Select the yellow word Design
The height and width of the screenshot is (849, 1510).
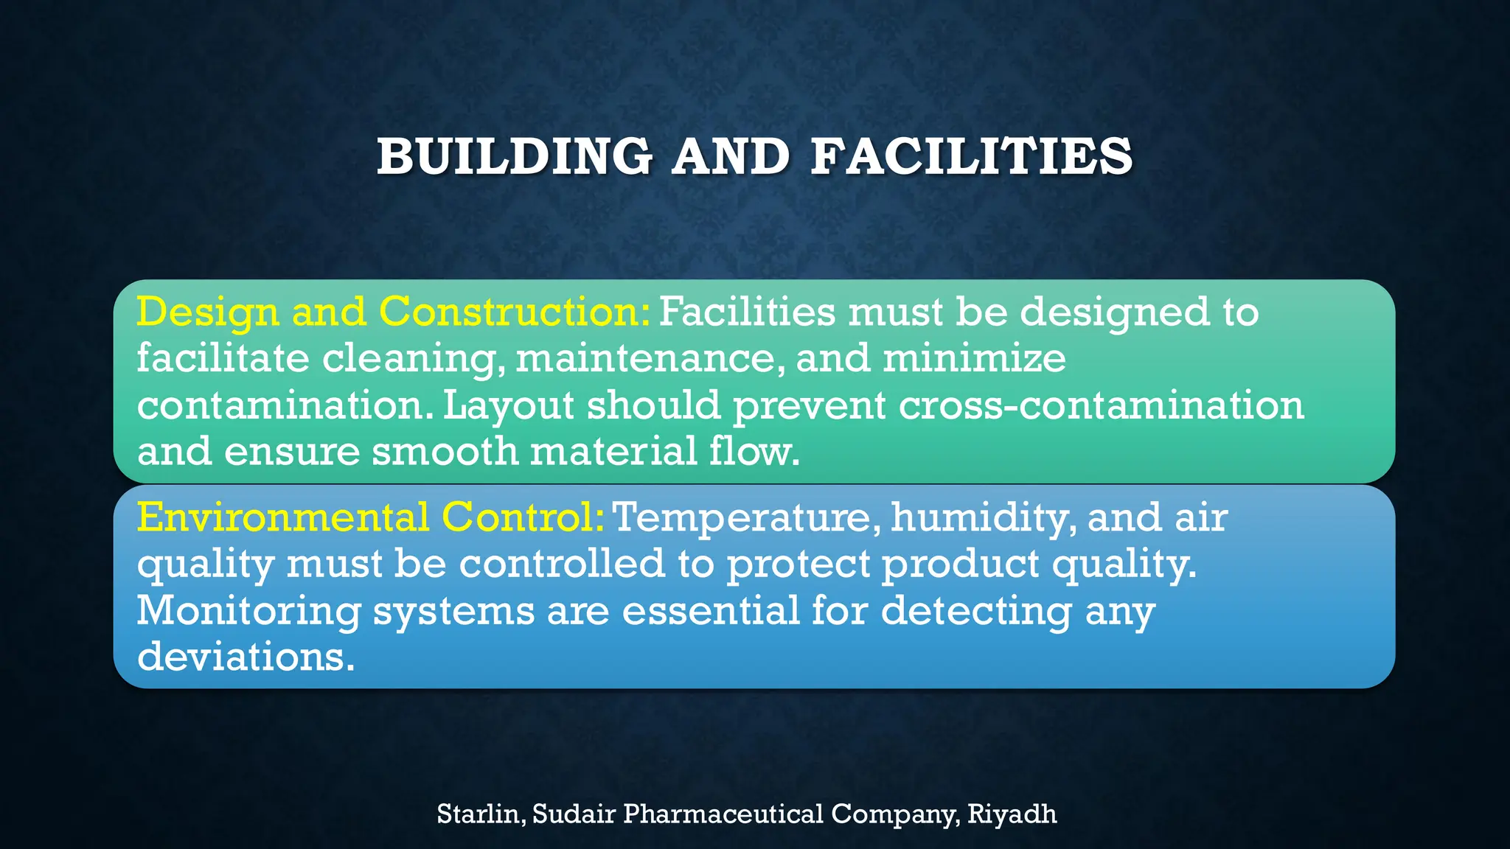coord(208,312)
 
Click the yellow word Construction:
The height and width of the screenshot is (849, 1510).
coord(515,312)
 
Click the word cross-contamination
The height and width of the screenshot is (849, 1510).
coord(1101,405)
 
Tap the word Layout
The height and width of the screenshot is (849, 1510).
coord(508,405)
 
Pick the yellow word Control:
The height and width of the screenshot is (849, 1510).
coord(523,517)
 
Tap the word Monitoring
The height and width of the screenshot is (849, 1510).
coord(248,611)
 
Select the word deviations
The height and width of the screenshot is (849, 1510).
coord(245,656)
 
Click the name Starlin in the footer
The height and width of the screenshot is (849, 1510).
coord(479,814)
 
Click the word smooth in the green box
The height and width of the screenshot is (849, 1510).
coord(445,451)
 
